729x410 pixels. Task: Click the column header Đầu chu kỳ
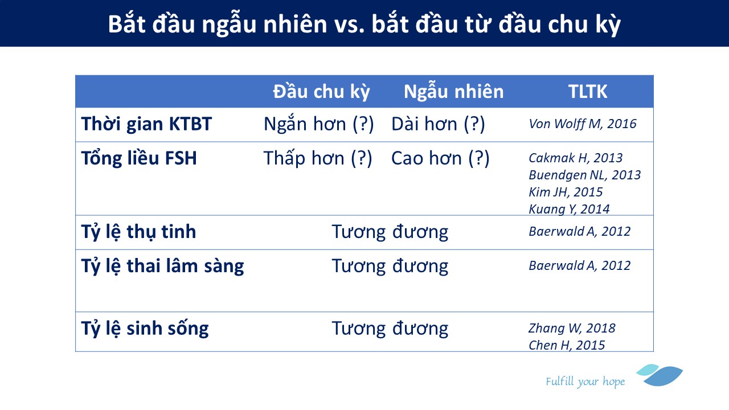(321, 92)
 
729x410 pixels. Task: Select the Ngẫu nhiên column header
(454, 91)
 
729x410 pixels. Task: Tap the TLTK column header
(588, 92)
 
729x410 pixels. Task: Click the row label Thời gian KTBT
(146, 124)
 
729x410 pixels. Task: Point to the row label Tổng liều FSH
(139, 158)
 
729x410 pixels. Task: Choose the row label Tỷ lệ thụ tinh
(138, 232)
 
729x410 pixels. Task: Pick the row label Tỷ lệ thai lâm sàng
(162, 266)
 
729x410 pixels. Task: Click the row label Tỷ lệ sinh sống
(145, 329)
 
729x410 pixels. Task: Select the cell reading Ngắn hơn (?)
(318, 124)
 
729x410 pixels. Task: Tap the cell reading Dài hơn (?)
(438, 124)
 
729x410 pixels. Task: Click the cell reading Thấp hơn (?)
(318, 158)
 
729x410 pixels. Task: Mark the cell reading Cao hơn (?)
(440, 158)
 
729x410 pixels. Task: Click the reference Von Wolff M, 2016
(583, 124)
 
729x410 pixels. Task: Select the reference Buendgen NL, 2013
(585, 175)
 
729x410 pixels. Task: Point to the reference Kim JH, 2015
(566, 192)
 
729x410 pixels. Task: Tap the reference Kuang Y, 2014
(569, 209)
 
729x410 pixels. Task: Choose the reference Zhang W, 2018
(572, 329)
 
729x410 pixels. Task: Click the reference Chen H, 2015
(567, 345)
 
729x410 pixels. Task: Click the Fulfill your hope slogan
(585, 382)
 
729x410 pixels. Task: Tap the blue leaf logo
(660, 375)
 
